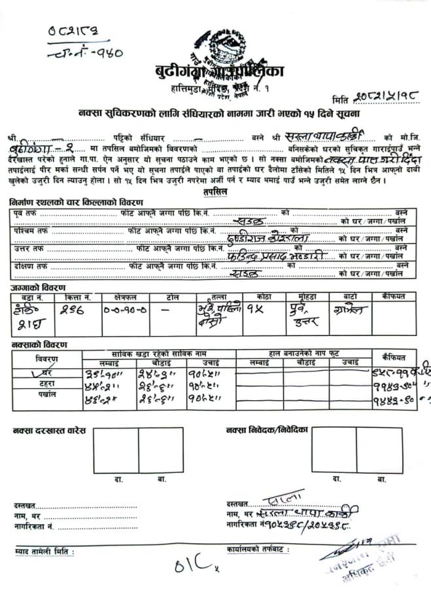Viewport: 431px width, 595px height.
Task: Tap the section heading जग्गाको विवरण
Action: tap(37, 288)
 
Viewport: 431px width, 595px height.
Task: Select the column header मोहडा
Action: tap(302, 297)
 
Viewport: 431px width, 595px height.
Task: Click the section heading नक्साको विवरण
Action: tap(39, 345)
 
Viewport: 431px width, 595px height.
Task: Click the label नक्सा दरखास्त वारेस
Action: tap(48, 430)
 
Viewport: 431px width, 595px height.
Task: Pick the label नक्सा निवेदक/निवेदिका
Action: tap(267, 430)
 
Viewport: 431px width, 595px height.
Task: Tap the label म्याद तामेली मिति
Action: tap(44, 552)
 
